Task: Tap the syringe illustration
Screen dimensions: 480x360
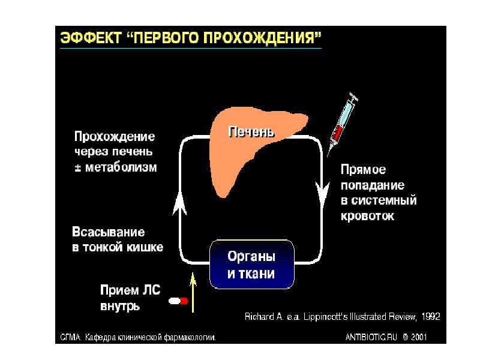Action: point(342,124)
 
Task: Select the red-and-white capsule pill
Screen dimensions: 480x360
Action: point(178,301)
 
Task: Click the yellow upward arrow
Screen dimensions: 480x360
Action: point(193,292)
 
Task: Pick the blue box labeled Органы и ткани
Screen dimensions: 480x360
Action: point(251,265)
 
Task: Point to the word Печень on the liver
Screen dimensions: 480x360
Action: point(251,132)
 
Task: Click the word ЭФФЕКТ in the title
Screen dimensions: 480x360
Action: point(91,38)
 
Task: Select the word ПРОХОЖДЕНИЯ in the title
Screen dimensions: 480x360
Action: point(262,38)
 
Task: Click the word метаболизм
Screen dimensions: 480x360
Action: point(121,167)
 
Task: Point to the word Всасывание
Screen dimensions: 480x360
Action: point(109,232)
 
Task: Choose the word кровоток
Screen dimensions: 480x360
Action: point(367,216)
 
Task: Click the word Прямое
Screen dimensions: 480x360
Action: point(363,170)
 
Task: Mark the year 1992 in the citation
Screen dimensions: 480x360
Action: point(431,317)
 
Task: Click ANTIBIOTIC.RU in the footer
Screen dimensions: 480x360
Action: point(371,337)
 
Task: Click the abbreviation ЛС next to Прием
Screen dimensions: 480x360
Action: point(151,290)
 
